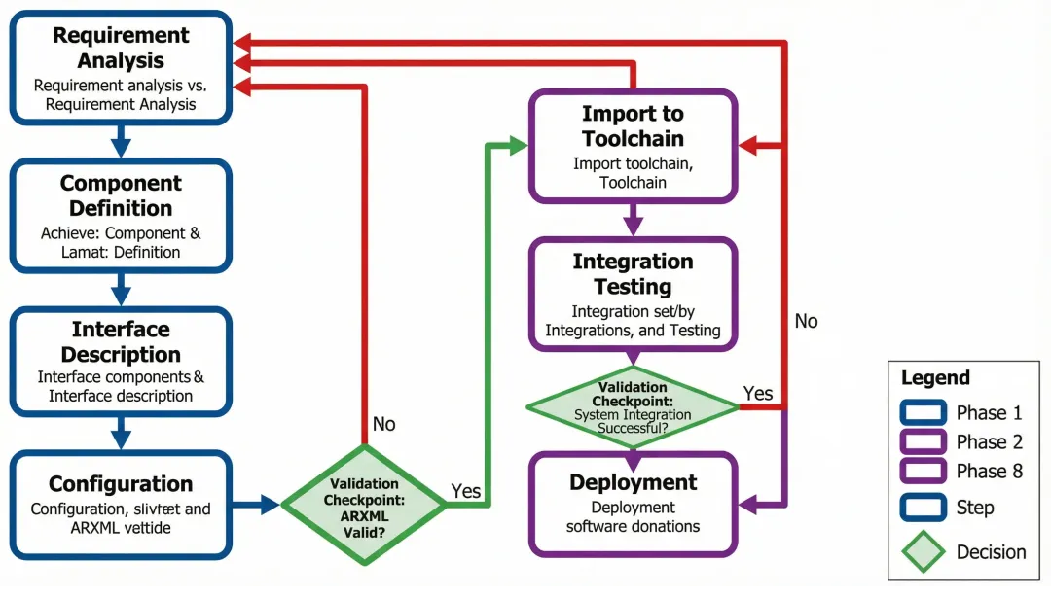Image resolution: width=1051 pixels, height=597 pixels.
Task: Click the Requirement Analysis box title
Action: coord(121,48)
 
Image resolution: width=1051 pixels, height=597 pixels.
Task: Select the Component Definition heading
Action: coord(121,195)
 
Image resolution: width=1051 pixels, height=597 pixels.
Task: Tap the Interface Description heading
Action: coord(121,341)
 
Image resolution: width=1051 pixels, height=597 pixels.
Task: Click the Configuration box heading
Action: coord(121,484)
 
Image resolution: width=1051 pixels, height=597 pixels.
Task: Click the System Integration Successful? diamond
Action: coord(633,407)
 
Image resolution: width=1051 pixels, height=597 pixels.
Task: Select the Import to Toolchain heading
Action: coord(633,126)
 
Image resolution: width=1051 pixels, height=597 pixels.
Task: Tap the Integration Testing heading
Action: coord(633,274)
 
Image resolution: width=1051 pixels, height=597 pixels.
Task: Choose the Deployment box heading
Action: coord(633,483)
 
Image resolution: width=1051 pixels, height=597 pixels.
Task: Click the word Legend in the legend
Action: coord(935,378)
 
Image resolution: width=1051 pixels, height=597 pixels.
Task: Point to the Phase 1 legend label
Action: coord(989,412)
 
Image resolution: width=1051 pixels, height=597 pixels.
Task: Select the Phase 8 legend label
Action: coord(989,472)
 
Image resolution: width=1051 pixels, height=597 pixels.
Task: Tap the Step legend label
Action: coord(975,508)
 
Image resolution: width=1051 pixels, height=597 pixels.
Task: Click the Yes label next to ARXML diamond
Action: coord(466,491)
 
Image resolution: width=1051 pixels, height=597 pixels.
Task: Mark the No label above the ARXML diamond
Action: coord(384,424)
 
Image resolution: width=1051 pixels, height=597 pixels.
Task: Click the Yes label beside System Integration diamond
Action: coord(758,393)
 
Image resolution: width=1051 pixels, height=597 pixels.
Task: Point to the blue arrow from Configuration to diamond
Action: coord(257,505)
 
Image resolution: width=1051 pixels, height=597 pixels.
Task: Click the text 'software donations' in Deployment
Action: coord(633,526)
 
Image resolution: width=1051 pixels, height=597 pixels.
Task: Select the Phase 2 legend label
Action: coord(989,442)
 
